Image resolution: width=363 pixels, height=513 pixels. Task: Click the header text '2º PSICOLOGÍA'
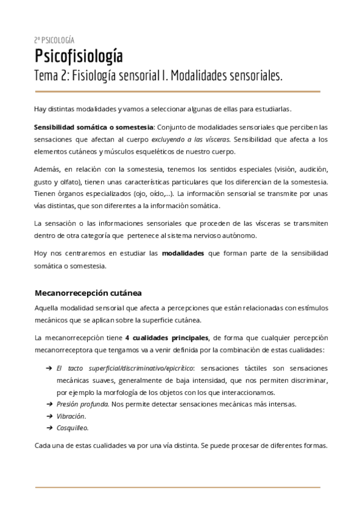point(54,40)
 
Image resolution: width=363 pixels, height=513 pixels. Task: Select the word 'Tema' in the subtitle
point(48,77)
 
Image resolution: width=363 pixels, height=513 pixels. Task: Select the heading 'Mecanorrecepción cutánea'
point(88,293)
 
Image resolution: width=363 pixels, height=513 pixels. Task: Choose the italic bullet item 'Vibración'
point(71,416)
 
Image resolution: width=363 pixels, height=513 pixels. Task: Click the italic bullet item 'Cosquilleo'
point(73,428)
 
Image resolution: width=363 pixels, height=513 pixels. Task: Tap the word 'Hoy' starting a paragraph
point(42,254)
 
